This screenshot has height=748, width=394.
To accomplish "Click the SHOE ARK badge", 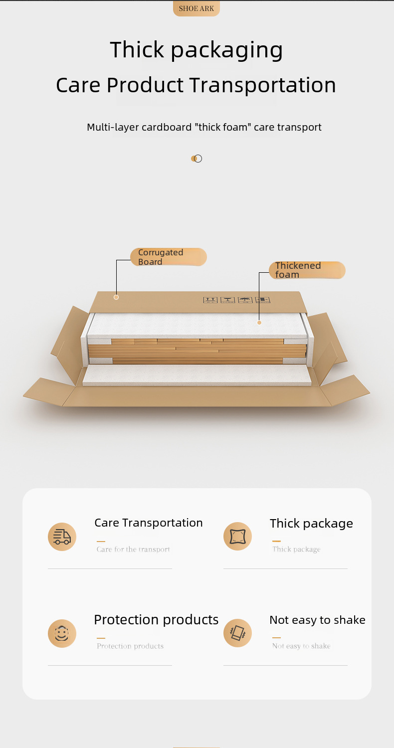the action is click(197, 8).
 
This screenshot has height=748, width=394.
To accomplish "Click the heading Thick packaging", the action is click(197, 50).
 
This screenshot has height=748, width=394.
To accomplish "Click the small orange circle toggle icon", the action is click(197, 159).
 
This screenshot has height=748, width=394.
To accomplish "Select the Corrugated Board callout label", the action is click(168, 257).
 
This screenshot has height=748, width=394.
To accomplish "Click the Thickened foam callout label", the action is click(307, 270).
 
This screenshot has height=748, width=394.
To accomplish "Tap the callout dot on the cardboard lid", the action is click(116, 297).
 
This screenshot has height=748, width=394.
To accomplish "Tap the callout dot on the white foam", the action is click(259, 323).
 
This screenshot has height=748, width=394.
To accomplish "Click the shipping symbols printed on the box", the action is click(236, 300).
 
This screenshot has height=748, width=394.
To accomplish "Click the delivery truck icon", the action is click(62, 537).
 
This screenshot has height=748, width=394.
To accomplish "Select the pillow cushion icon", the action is click(237, 537).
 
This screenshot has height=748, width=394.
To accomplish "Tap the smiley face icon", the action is click(62, 633).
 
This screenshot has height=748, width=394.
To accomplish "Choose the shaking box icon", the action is click(237, 633).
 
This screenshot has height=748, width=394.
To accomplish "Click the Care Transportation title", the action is click(149, 523).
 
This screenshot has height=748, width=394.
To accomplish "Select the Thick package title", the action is click(311, 523).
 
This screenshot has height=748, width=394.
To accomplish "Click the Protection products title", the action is click(156, 619).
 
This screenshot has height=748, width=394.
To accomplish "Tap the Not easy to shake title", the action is click(317, 620).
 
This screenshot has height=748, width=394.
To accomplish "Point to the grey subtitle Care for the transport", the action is click(133, 550).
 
